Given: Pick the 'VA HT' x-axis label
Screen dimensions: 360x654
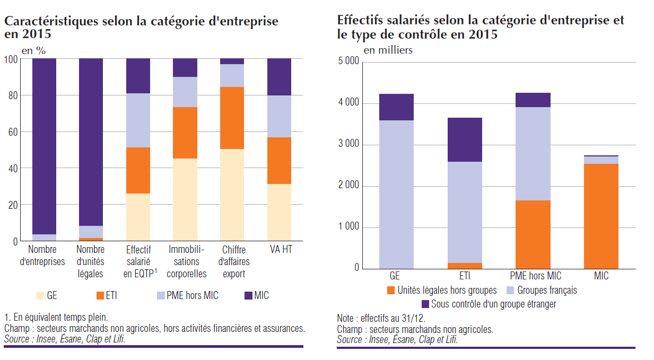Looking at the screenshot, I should point(279,249).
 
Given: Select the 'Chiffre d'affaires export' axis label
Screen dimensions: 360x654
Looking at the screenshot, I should point(233,261).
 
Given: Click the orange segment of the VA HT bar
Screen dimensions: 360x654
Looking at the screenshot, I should point(279,161).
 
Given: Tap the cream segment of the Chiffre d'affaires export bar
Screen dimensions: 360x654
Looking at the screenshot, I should point(232,195).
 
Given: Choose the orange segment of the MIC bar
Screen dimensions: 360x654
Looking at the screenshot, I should point(601,216).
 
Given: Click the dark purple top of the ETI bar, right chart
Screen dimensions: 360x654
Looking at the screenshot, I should point(465,139).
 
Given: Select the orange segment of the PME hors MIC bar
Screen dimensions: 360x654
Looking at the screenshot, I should point(533,234).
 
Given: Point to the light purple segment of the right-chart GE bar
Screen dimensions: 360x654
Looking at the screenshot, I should point(396,194).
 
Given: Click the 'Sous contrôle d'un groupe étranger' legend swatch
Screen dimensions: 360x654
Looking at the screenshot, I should point(425,304).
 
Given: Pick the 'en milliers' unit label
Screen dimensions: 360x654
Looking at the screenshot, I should point(388,50).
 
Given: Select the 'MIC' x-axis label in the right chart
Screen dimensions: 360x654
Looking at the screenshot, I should point(601,276).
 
